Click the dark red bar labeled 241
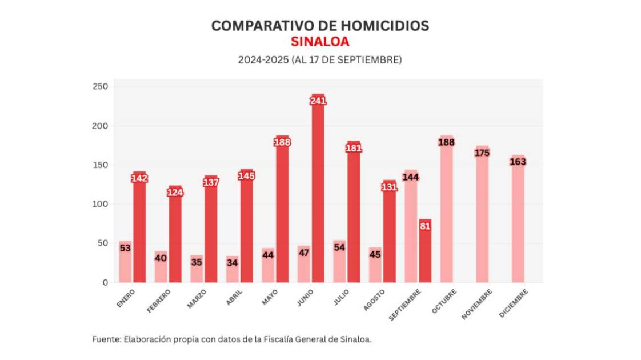(x=318, y=189)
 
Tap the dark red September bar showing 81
(x=425, y=251)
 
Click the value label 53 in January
(x=125, y=247)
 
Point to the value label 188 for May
(x=282, y=142)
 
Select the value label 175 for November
(x=482, y=153)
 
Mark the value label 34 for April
(x=232, y=263)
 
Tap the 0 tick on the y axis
(x=104, y=282)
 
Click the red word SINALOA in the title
(x=320, y=42)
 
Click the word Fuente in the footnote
(x=105, y=339)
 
